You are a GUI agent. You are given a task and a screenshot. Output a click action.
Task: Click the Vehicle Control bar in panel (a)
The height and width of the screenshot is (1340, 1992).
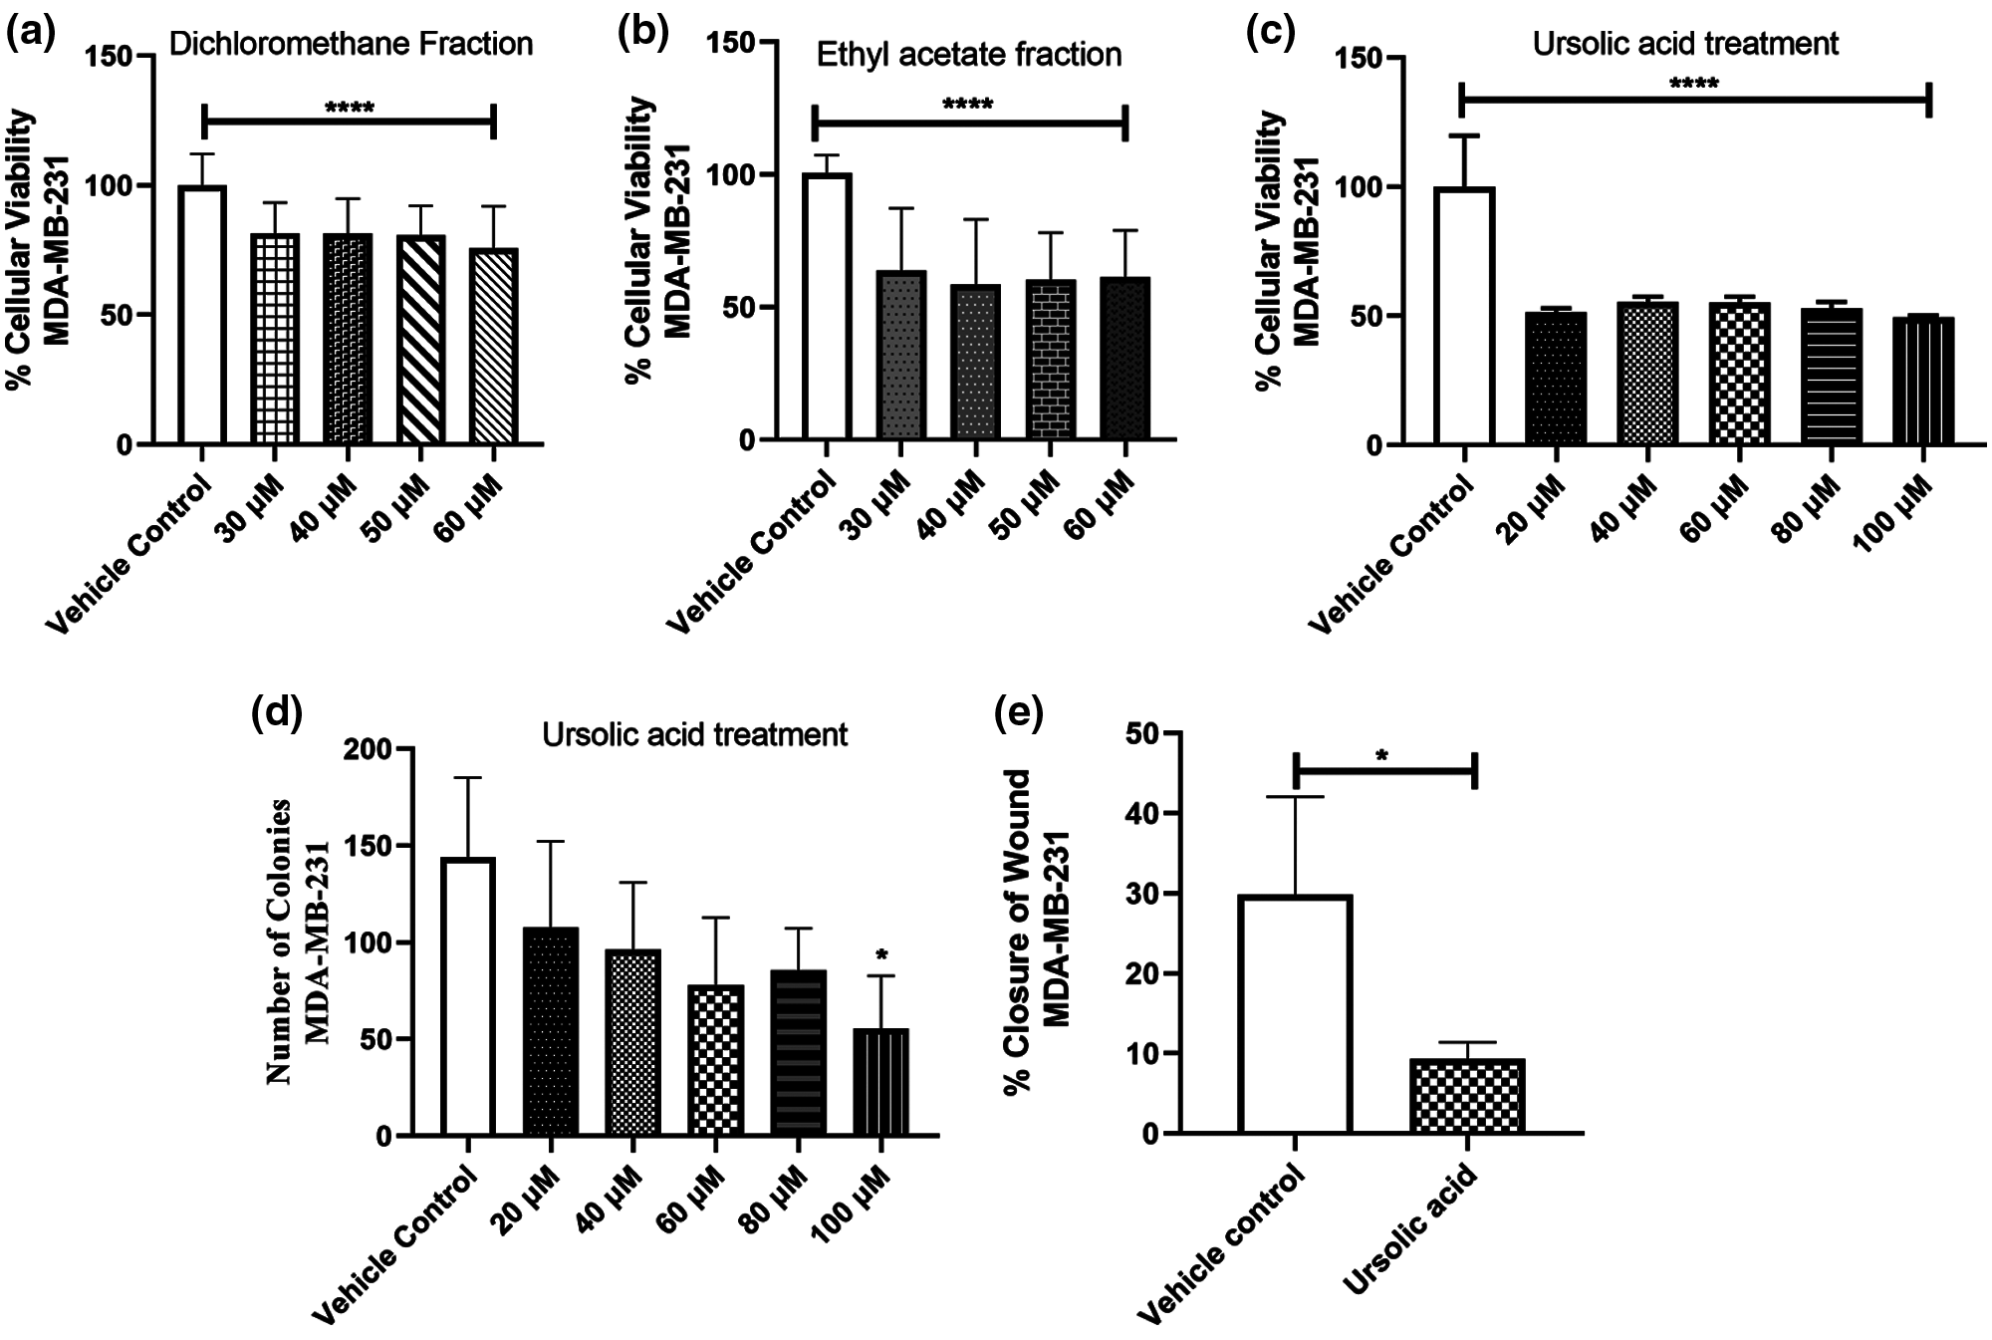(x=202, y=315)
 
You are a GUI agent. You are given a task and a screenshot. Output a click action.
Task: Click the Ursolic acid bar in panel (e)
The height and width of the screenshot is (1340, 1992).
(x=1467, y=1096)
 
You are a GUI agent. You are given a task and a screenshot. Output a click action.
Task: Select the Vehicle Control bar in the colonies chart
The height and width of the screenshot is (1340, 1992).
(x=467, y=996)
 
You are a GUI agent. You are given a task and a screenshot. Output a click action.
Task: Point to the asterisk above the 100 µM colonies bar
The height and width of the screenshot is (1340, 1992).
(x=881, y=956)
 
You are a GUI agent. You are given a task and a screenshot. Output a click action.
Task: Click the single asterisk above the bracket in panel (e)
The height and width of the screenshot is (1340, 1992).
(x=1382, y=756)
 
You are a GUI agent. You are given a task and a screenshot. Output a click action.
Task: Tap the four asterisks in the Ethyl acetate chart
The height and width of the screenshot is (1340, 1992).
(x=967, y=104)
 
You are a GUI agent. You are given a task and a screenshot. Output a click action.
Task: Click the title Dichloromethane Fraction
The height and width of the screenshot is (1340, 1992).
(x=351, y=44)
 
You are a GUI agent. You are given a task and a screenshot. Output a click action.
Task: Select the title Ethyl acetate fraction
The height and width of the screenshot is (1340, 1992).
(x=968, y=54)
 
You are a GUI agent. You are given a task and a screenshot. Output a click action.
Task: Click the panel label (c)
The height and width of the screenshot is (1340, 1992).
(x=1271, y=32)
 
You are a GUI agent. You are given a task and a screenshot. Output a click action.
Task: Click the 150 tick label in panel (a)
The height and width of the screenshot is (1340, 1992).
(x=110, y=56)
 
